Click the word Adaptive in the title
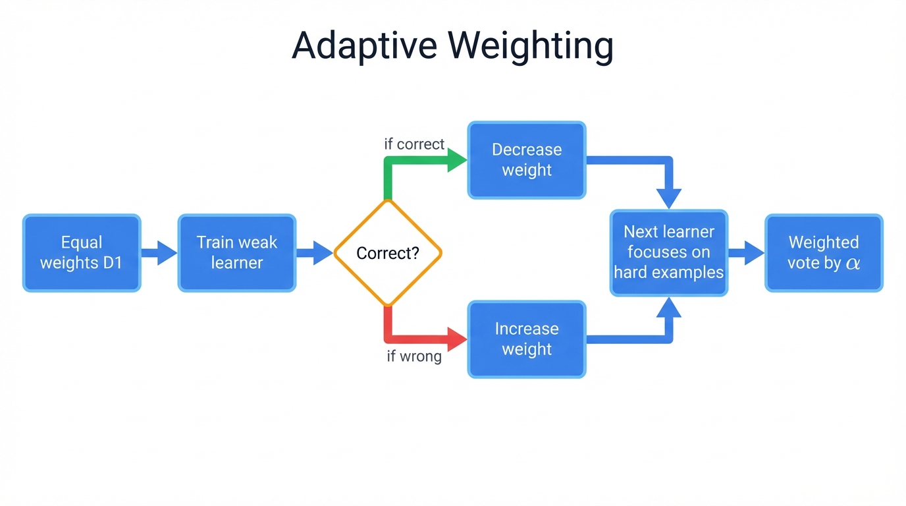pyautogui.click(x=364, y=46)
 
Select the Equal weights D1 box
pyautogui.click(x=82, y=252)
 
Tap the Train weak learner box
pyautogui.click(x=237, y=252)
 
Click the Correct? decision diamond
pyautogui.click(x=388, y=253)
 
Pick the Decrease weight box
pyautogui.click(x=527, y=159)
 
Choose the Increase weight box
pyautogui.click(x=527, y=339)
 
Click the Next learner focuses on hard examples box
pyautogui.click(x=669, y=252)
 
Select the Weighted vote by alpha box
pyautogui.click(x=824, y=252)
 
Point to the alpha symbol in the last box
pyautogui.click(x=853, y=264)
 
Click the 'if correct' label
pyautogui.click(x=414, y=144)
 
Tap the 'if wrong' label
pyautogui.click(x=414, y=357)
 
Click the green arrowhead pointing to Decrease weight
pyautogui.click(x=457, y=160)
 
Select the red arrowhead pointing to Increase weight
pyautogui.click(x=457, y=339)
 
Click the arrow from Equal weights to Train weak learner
pyautogui.click(x=159, y=252)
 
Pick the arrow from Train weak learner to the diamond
pyautogui.click(x=315, y=252)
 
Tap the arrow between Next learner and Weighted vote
pyautogui.click(x=746, y=252)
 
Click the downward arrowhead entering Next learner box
pyautogui.click(x=669, y=197)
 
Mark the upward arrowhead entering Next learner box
pyautogui.click(x=669, y=308)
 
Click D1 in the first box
pyautogui.click(x=112, y=263)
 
